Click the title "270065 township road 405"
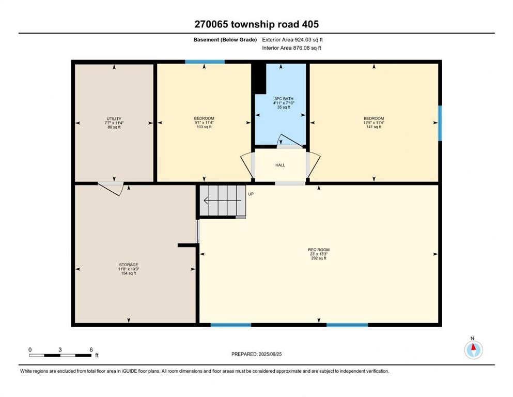(x=256, y=24)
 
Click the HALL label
(x=279, y=165)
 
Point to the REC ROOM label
(x=319, y=254)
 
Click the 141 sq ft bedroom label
(x=374, y=123)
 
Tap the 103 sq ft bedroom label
(x=204, y=123)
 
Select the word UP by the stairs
(x=251, y=194)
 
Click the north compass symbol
(x=473, y=350)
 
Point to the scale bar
(x=60, y=355)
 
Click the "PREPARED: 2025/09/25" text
(x=256, y=354)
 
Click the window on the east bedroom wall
(x=440, y=123)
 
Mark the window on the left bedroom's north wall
(x=205, y=62)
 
